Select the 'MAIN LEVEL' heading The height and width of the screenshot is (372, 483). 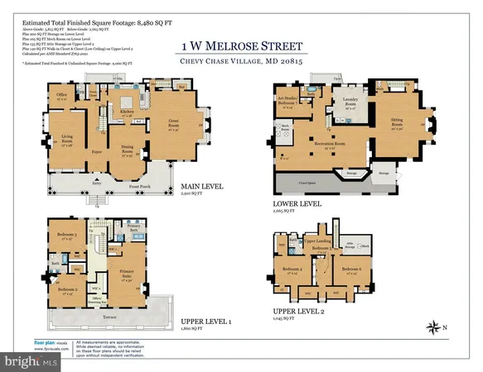click(x=200, y=197)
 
